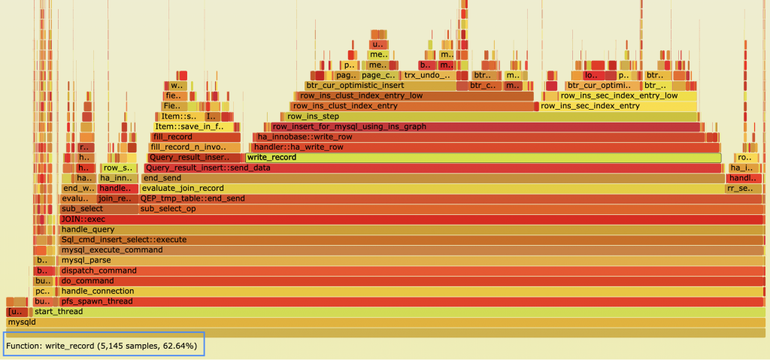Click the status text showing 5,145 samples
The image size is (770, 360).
[x=102, y=346]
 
